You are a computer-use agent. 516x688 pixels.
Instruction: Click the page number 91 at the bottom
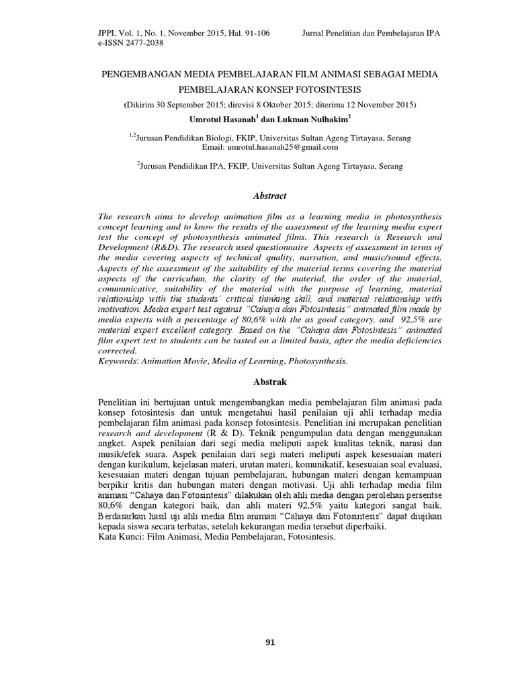(x=271, y=642)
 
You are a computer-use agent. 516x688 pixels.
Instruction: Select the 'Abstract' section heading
(x=269, y=196)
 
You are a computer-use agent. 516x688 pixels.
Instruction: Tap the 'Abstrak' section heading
(x=269, y=382)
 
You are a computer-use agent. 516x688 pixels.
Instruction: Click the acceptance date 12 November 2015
(x=375, y=105)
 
